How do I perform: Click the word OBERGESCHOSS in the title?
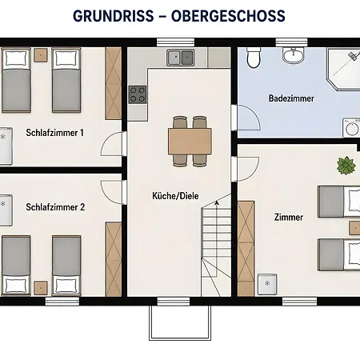click(x=228, y=16)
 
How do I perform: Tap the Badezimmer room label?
click(x=291, y=98)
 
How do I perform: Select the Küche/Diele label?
click(x=175, y=196)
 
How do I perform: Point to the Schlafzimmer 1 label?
click(x=54, y=133)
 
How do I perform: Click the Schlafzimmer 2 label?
click(x=55, y=207)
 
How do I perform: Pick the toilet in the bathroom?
click(x=253, y=58)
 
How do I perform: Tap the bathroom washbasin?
click(x=293, y=55)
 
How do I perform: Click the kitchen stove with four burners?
click(x=138, y=94)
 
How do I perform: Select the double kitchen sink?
click(x=180, y=57)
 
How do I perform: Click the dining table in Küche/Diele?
click(x=190, y=141)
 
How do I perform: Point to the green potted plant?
click(x=346, y=166)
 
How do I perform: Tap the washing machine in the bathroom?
click(x=351, y=128)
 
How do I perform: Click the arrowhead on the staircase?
click(x=217, y=203)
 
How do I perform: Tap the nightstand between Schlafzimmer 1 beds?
click(x=41, y=55)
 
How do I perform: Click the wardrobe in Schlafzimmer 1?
click(x=114, y=83)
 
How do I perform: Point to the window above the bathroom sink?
click(x=291, y=42)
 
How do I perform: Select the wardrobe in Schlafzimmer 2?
click(x=114, y=259)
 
